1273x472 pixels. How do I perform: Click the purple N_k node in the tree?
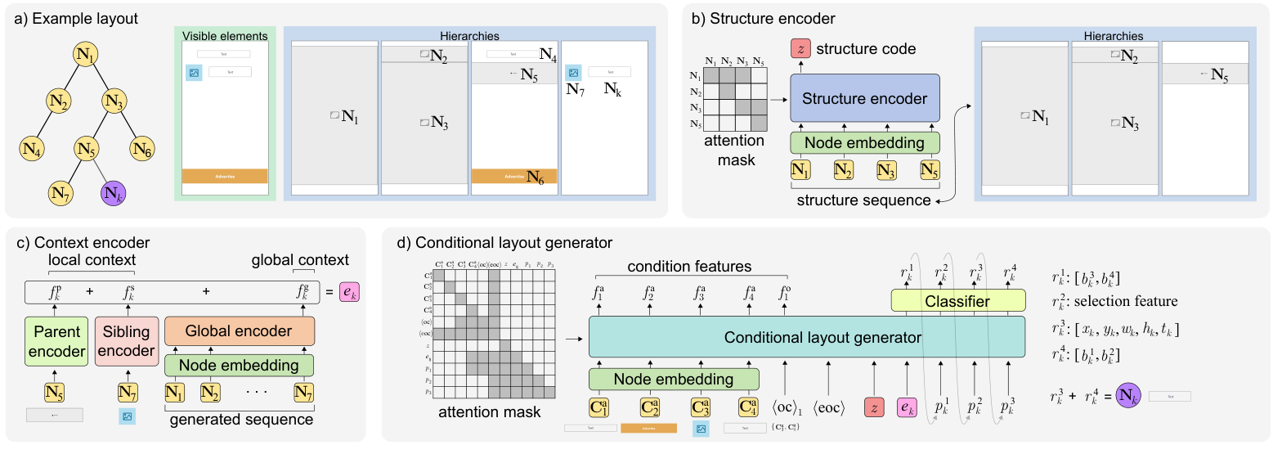click(114, 194)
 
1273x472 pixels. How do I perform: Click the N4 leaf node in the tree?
click(33, 149)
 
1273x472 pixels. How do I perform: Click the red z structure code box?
click(801, 48)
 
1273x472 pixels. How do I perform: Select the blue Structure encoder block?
click(865, 99)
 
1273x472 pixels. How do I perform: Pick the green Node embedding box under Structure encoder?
click(865, 142)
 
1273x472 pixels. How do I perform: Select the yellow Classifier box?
click(957, 301)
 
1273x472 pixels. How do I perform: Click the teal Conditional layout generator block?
click(806, 336)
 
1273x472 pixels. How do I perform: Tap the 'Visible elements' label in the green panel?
click(225, 36)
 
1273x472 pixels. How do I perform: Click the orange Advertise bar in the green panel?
click(225, 176)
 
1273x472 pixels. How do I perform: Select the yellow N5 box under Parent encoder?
click(54, 393)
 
